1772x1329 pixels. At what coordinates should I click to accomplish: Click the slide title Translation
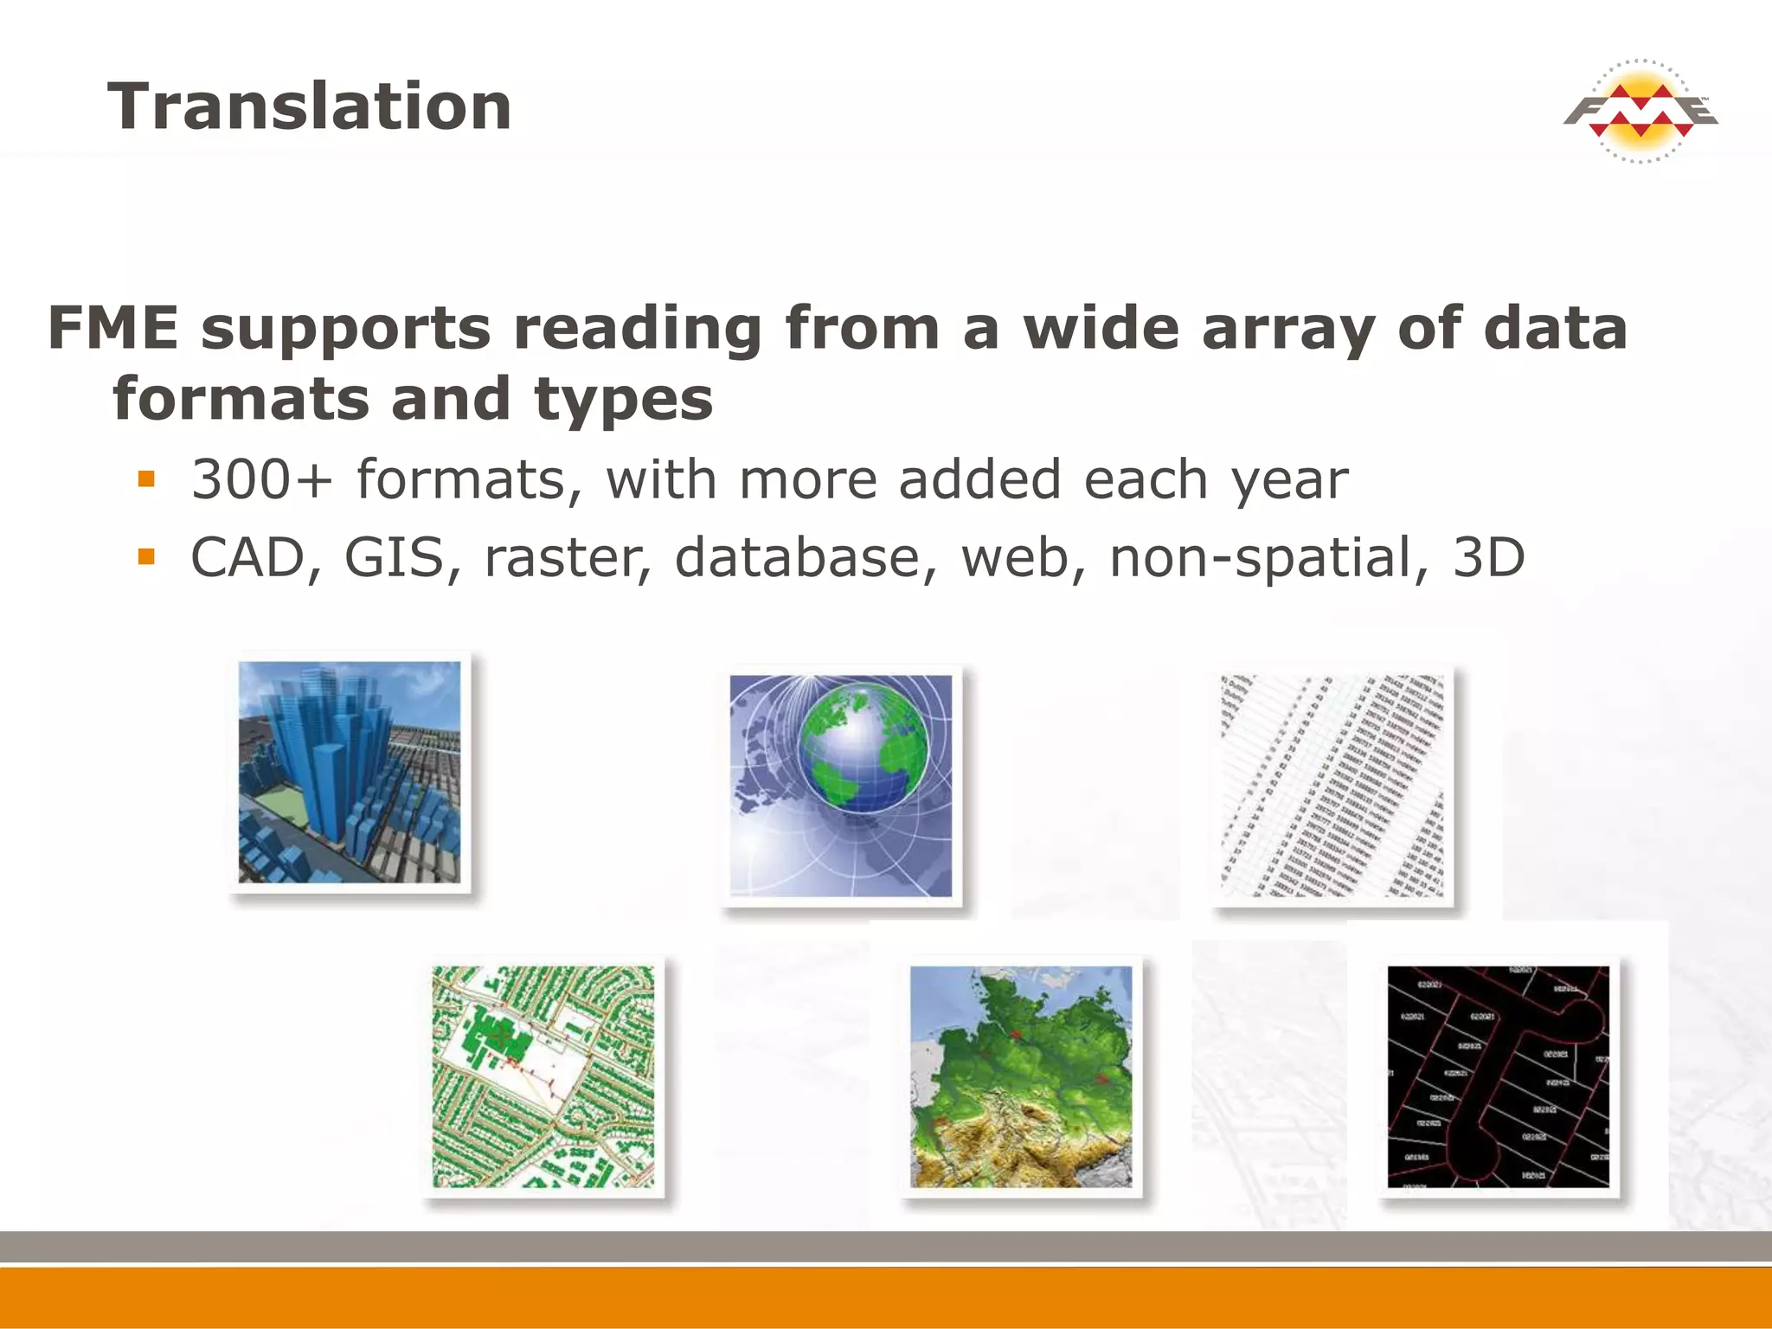(309, 106)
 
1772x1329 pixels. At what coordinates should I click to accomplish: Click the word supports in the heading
(346, 329)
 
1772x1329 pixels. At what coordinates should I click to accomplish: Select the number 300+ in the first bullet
(261, 480)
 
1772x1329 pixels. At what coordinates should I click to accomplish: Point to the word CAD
(247, 558)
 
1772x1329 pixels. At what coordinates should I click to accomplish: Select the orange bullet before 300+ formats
(146, 478)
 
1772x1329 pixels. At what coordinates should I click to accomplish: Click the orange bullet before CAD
(146, 556)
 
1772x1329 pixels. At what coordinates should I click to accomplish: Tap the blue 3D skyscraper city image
(350, 772)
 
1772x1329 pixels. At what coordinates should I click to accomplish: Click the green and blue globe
(863, 748)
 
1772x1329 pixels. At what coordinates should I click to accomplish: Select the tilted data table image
(1332, 786)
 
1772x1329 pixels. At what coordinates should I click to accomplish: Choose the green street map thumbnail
(543, 1076)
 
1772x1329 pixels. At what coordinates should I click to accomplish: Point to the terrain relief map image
(1021, 1076)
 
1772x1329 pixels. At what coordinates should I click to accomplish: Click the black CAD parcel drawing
(1499, 1076)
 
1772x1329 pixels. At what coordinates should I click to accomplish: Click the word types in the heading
(623, 400)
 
